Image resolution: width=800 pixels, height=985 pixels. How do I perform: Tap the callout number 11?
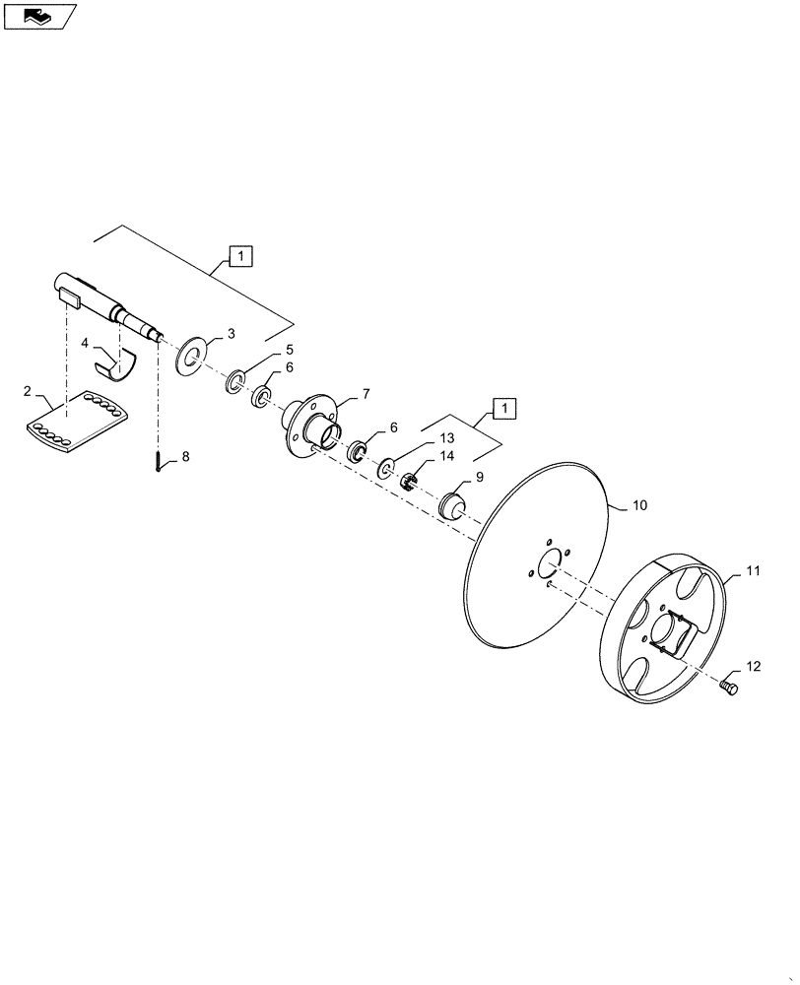pos(753,571)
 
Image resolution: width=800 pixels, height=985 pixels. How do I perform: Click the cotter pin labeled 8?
pos(159,461)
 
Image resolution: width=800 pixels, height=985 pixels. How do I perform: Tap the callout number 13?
pos(447,437)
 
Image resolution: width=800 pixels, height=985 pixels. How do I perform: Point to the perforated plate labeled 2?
pos(75,425)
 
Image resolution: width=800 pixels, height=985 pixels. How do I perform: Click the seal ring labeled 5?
pos(236,381)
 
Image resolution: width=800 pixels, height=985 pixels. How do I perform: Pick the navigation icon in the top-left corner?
pos(38,15)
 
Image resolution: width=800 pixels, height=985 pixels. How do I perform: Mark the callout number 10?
pos(639,505)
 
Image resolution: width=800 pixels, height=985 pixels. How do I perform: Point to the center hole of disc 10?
pos(547,566)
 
